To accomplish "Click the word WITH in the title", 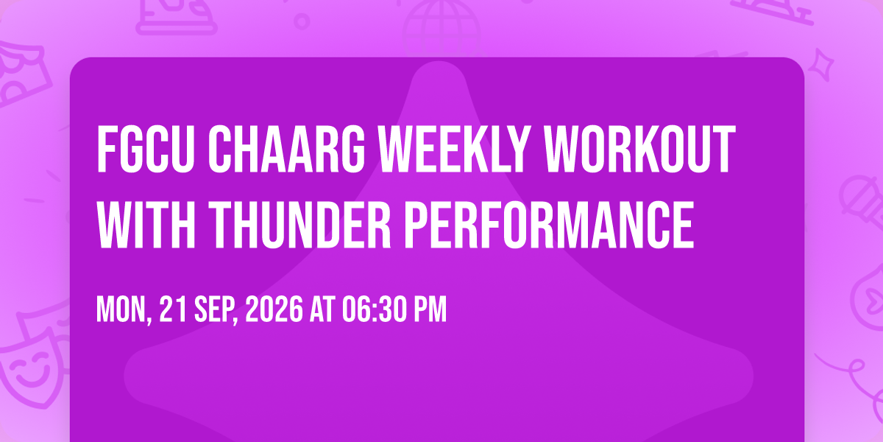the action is (146, 225).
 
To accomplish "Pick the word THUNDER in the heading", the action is (299, 225).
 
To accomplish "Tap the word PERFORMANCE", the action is (549, 225).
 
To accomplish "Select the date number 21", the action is (173, 309).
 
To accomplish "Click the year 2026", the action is (274, 309).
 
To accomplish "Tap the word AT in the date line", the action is (323, 309).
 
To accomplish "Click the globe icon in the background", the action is (441, 28).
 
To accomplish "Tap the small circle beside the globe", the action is (302, 21).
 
